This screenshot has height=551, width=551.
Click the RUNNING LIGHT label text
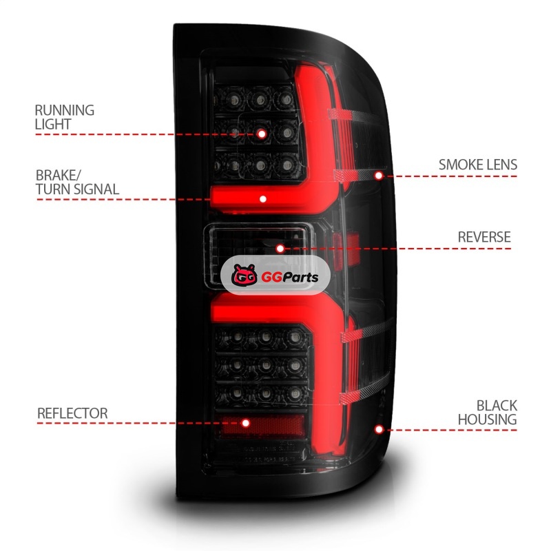(64, 117)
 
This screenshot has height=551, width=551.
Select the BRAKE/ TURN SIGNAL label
(76, 182)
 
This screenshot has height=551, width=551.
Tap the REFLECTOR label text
(72, 413)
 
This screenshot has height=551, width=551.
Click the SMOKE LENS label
(477, 165)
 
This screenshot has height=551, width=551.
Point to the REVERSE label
(484, 237)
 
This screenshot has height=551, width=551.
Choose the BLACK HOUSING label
(496, 413)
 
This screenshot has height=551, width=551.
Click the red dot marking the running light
(262, 134)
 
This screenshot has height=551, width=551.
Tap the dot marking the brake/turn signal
(262, 198)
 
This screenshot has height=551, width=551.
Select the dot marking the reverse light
(280, 248)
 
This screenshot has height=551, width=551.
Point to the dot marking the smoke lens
(378, 176)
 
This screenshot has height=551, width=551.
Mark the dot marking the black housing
(378, 429)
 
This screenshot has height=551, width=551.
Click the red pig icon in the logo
(242, 278)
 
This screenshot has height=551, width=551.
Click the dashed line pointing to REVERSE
(399, 248)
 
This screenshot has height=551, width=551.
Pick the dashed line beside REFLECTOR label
(138, 423)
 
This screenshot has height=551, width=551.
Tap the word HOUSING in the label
(496, 419)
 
